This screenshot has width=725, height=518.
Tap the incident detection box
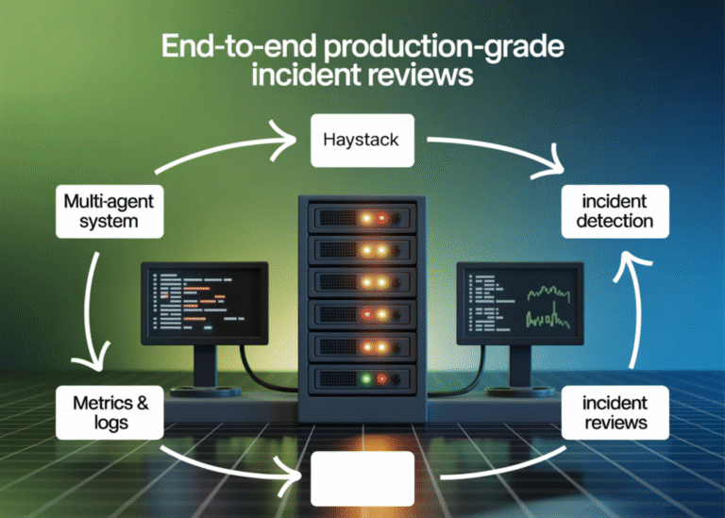615,210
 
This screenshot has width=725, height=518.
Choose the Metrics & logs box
110,412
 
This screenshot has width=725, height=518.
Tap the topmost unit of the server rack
362,216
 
